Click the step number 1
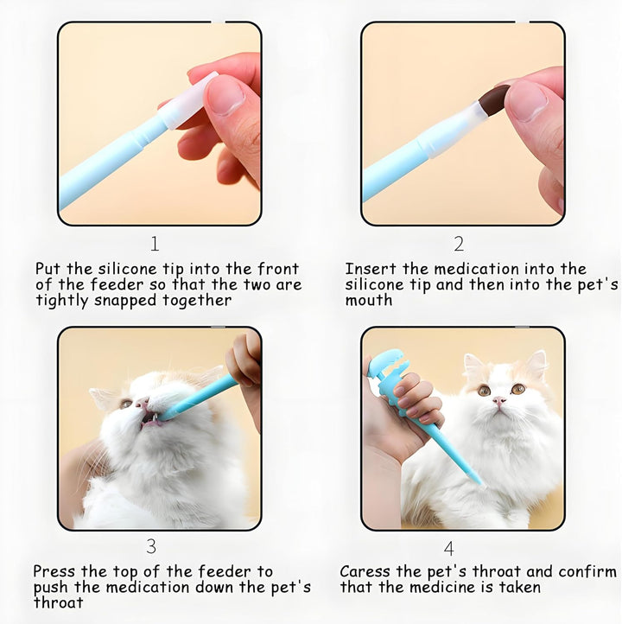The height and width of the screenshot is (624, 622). (x=155, y=244)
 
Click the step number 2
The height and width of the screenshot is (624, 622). (x=459, y=244)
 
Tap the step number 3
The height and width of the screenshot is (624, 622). (x=151, y=545)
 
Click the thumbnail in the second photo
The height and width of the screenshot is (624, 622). (x=527, y=101)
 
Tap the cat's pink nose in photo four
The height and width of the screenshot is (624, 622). (x=498, y=402)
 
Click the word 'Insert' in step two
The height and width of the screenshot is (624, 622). (x=370, y=269)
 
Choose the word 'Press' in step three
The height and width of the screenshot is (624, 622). (x=56, y=571)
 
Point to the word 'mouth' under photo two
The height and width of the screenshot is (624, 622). (x=369, y=301)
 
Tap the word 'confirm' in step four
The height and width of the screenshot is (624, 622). (x=587, y=571)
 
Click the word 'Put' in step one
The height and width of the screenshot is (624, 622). (x=48, y=269)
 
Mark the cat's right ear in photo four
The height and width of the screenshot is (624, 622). (x=537, y=363)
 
